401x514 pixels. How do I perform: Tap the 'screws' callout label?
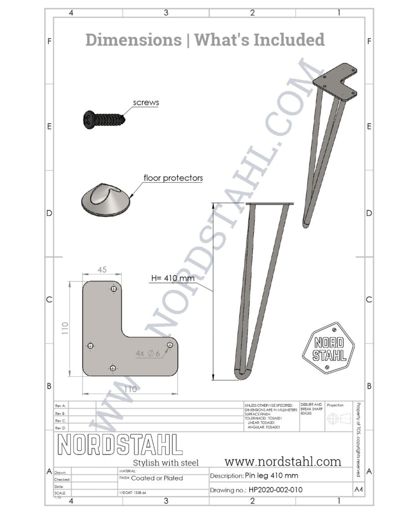click(146, 103)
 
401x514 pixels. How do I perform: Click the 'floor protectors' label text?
click(173, 178)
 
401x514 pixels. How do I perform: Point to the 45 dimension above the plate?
click(102, 270)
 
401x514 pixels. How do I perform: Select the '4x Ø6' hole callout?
click(148, 354)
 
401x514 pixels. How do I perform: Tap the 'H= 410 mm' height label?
click(173, 278)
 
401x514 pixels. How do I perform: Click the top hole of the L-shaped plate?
click(114, 289)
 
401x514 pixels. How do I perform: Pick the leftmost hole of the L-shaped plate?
click(90, 346)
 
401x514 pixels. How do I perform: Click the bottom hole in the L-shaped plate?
click(113, 368)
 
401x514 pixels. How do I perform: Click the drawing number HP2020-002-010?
click(275, 490)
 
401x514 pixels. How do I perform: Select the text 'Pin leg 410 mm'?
click(271, 475)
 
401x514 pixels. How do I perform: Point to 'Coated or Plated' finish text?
click(157, 478)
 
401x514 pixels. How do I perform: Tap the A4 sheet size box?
click(359, 489)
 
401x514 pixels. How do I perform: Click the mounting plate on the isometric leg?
click(335, 82)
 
